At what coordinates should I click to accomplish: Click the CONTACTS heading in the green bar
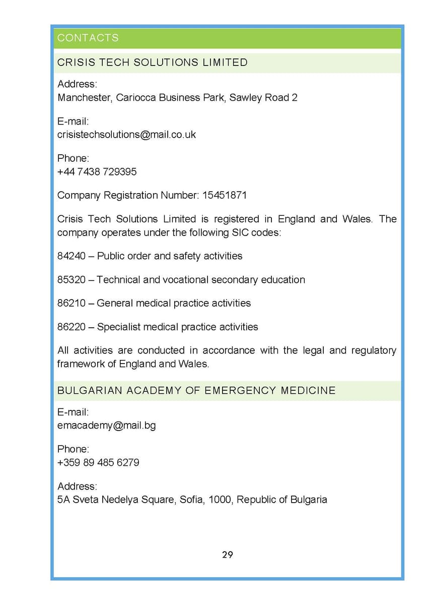(88, 38)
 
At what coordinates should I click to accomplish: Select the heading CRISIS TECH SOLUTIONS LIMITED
(153, 63)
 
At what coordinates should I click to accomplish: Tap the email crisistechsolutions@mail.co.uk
(126, 135)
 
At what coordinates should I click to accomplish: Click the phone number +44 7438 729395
(97, 172)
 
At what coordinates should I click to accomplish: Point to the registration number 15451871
(225, 195)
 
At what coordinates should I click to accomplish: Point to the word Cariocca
(135, 98)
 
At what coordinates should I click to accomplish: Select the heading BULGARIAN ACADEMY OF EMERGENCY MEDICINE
(196, 391)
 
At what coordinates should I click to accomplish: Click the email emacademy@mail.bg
(106, 426)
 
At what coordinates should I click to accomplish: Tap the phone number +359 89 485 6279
(98, 463)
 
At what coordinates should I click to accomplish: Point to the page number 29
(227, 555)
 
